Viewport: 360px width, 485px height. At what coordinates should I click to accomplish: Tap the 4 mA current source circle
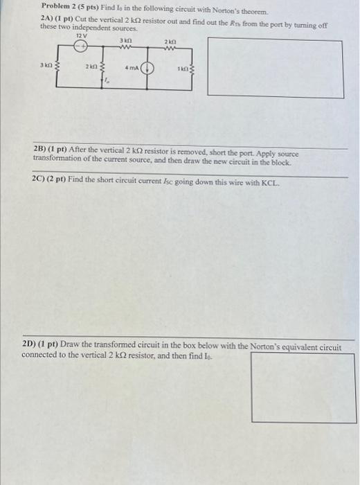[147, 69]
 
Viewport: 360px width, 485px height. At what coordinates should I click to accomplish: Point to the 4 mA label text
[131, 69]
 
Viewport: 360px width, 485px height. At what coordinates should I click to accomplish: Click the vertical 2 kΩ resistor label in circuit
[91, 67]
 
